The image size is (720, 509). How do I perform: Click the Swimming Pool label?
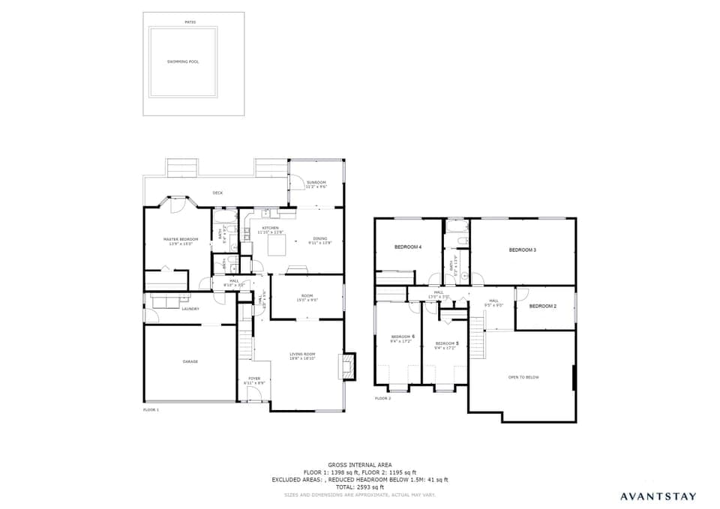coord(183,61)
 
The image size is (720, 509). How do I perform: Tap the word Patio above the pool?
coord(190,22)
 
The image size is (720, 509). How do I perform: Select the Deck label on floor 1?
coord(217,193)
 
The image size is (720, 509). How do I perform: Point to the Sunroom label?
coord(316,182)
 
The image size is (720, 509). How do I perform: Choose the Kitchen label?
coord(270,228)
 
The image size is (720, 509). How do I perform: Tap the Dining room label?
coord(320,239)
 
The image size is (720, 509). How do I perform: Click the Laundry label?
coord(190,309)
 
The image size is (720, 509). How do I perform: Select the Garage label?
coord(190,361)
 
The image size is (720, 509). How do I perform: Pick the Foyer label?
coord(254,379)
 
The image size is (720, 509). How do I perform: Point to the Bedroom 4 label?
coord(408,247)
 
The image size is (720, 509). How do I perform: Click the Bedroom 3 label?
coord(522,250)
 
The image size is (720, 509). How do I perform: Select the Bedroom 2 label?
coord(542,306)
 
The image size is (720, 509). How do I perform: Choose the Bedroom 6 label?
coord(403,337)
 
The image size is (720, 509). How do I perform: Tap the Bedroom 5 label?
coord(446,343)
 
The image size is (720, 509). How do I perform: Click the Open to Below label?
coord(523,377)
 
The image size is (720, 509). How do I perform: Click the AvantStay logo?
coord(658,496)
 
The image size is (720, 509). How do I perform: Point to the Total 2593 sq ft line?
coord(360,487)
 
